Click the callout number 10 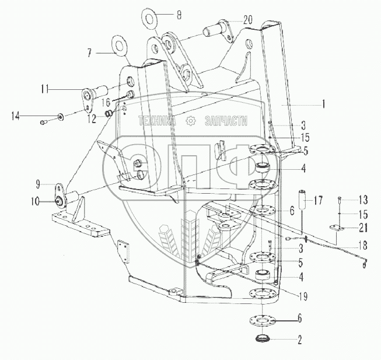coord(36,202)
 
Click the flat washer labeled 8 coord(149,16)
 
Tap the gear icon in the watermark coord(189,121)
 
